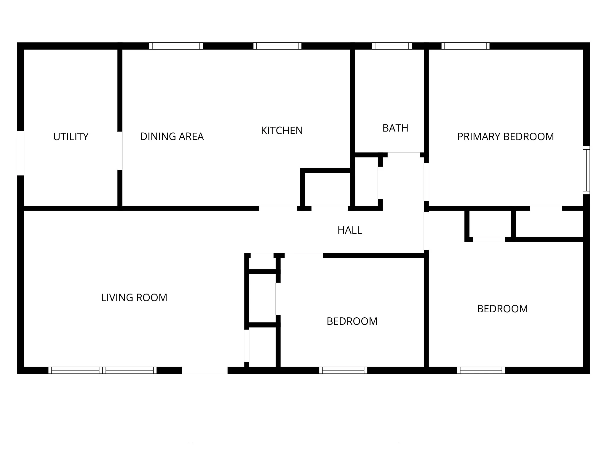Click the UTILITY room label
[x=71, y=137]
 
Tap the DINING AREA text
[x=172, y=137]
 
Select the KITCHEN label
[x=282, y=131]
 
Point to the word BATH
[x=395, y=128]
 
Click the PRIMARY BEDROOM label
[x=506, y=137]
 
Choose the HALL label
[x=350, y=230]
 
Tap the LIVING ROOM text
[x=134, y=297]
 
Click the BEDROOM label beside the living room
[x=352, y=321]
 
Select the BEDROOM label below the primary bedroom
[x=502, y=309]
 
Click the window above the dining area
[x=176, y=46]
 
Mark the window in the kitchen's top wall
[x=277, y=46]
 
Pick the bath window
[x=392, y=46]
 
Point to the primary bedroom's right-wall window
[x=587, y=170]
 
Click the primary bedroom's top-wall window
[x=465, y=46]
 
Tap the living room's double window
[x=103, y=370]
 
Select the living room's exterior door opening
[x=205, y=370]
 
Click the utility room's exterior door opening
[x=20, y=153]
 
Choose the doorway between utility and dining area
[x=120, y=151]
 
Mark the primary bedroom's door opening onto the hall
[x=426, y=182]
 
